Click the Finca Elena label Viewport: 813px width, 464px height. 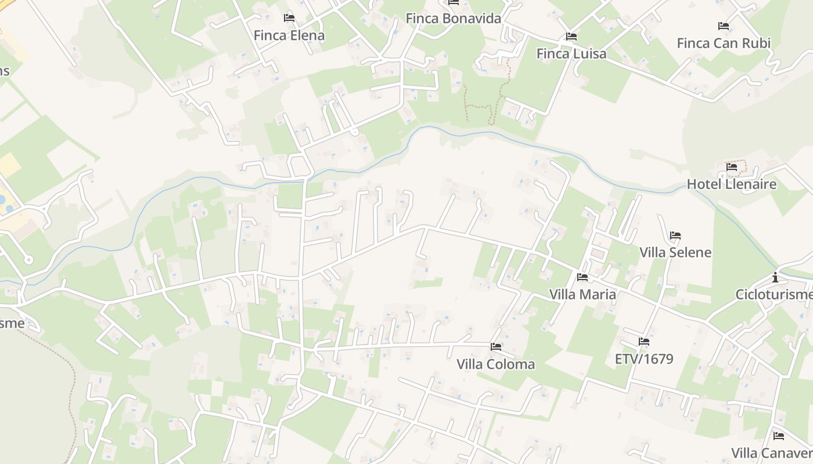point(289,35)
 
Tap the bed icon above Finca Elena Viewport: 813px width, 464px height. point(289,18)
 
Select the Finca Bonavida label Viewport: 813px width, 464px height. point(453,18)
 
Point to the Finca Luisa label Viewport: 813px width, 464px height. point(571,53)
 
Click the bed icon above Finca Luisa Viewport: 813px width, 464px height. point(571,37)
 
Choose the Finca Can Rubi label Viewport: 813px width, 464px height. point(724,43)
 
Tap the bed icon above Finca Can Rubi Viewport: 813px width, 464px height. point(724,26)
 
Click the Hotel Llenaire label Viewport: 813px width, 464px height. point(731,184)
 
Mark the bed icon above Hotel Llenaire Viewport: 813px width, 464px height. point(732,167)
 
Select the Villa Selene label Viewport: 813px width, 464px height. point(675,252)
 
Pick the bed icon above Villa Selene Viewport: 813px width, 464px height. point(675,235)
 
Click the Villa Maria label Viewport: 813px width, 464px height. point(582,294)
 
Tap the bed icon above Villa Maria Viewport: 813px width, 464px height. point(582,277)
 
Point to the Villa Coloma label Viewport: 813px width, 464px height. point(495,364)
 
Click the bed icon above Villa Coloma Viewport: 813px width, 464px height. point(495,347)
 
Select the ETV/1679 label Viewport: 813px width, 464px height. point(643,358)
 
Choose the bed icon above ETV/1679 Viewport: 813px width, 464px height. point(643,342)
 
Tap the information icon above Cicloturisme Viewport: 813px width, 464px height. point(775,277)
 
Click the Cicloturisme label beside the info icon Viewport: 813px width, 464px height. point(774,295)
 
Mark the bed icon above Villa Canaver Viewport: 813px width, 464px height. point(778,436)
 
